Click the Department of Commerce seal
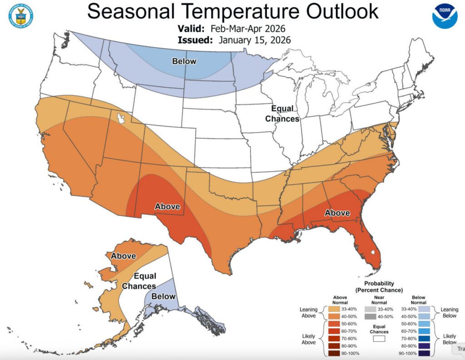[20, 16]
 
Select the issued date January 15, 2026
[254, 40]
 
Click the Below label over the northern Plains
[184, 61]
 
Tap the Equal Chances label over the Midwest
[282, 113]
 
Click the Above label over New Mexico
[168, 206]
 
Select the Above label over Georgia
[337, 212]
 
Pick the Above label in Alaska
[124, 256]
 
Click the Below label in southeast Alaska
[163, 296]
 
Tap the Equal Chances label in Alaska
[139, 281]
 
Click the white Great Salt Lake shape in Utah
[120, 118]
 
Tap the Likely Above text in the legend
[309, 339]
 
